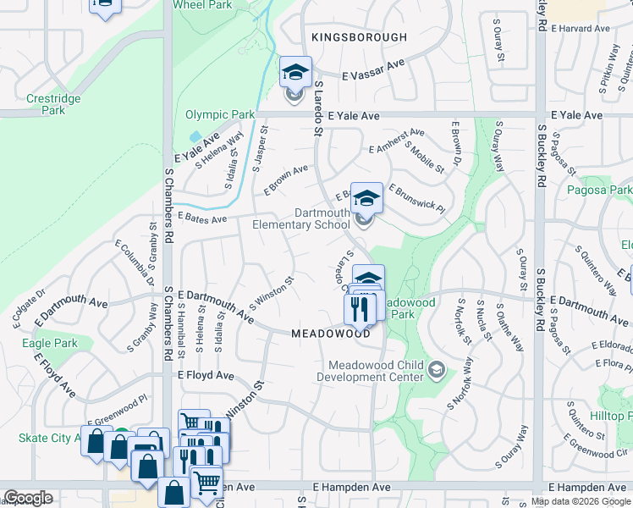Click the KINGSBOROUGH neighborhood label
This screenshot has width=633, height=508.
(x=359, y=37)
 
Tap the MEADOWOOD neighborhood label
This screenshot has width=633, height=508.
(x=331, y=334)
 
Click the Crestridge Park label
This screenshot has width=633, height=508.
(x=53, y=104)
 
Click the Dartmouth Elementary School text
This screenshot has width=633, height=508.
(x=301, y=218)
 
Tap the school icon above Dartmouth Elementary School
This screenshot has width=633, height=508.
(x=366, y=198)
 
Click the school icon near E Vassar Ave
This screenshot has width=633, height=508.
(x=295, y=72)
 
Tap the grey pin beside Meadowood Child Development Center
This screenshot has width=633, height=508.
(x=436, y=369)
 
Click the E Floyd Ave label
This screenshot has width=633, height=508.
(x=205, y=374)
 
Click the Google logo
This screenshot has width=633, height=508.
(x=28, y=498)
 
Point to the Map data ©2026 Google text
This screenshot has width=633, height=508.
(x=580, y=501)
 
